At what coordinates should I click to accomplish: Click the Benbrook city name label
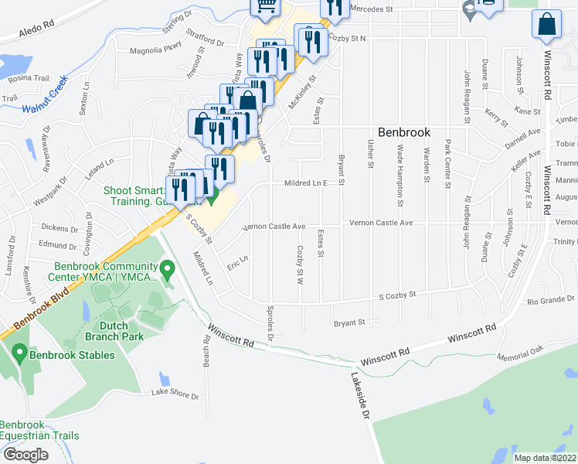[403, 132]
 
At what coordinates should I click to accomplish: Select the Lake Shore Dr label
[175, 393]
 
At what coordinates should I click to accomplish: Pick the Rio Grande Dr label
[551, 299]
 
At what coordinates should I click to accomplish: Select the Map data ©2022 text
[546, 457]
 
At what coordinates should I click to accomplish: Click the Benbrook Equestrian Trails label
[39, 430]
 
